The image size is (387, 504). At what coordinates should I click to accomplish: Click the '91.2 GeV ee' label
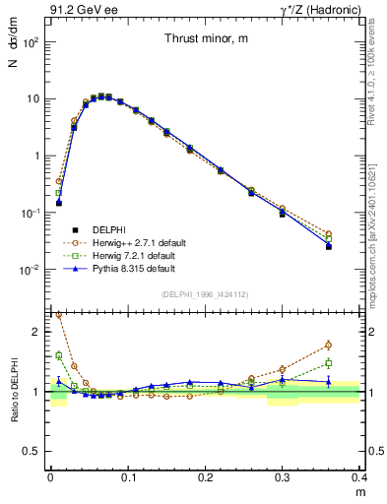pos(79,9)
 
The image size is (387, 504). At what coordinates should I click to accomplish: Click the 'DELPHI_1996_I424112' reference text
pos(206,293)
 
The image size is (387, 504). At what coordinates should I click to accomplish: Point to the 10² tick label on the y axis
pos(32,43)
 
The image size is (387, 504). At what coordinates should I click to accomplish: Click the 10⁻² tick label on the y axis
pos(32,270)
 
